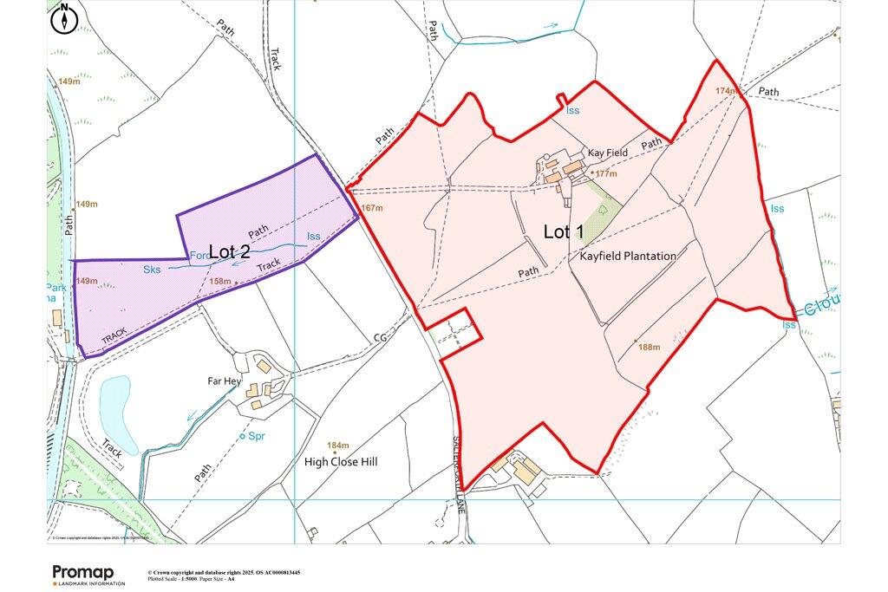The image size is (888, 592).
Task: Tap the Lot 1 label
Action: click(564, 231)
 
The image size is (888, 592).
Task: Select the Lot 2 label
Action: click(230, 251)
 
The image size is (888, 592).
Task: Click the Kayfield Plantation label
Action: click(624, 256)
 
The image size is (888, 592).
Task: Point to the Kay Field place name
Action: click(607, 153)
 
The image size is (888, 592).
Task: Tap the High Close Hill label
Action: click(341, 462)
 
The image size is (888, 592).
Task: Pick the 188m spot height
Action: click(649, 347)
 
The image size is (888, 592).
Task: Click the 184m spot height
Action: click(336, 445)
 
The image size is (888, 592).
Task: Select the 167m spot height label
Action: click(372, 208)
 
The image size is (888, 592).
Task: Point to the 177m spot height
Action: click(605, 174)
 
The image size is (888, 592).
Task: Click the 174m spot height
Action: click(726, 91)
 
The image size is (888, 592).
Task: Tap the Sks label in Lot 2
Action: click(152, 270)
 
